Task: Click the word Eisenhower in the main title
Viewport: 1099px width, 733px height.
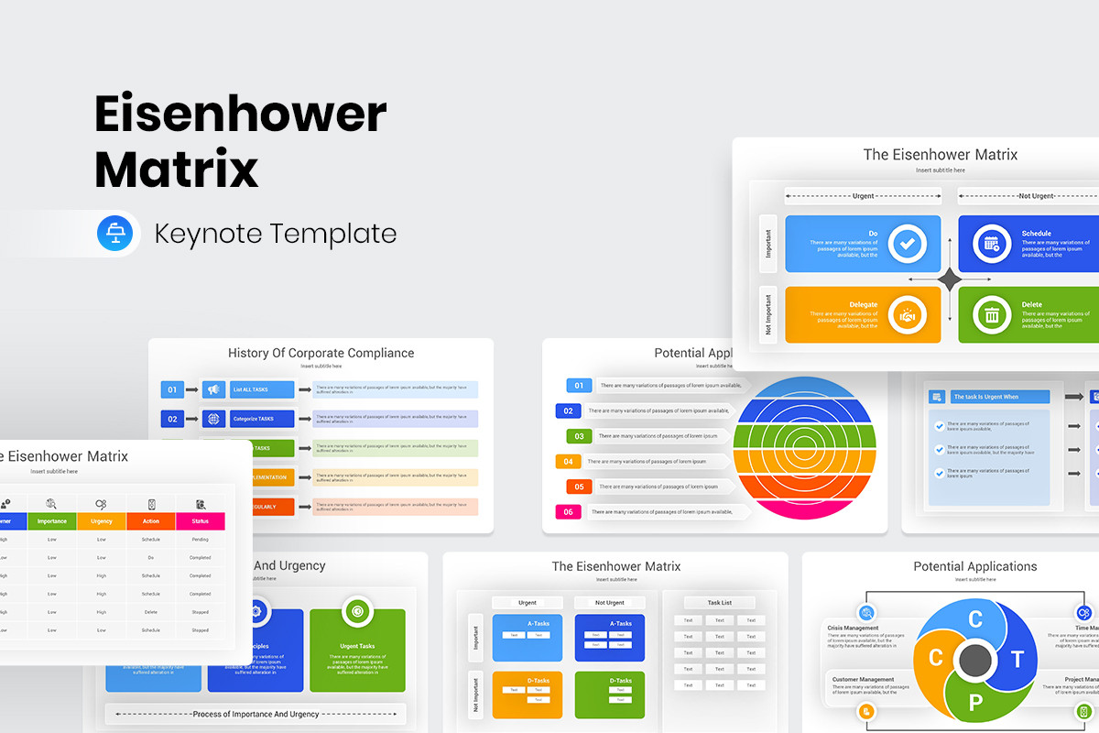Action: (x=240, y=115)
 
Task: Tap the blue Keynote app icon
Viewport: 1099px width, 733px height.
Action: (x=115, y=234)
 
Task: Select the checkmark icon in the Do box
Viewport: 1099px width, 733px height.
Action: (x=908, y=244)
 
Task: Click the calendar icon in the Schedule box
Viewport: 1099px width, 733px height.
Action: (x=991, y=244)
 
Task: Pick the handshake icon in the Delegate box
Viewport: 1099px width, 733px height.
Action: (x=908, y=315)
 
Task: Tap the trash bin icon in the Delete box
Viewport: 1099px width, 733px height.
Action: (x=991, y=316)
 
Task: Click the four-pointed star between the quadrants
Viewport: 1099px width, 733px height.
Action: (x=950, y=280)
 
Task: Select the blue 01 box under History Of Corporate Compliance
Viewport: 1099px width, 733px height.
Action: (x=172, y=389)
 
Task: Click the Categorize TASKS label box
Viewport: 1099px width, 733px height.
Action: (x=261, y=419)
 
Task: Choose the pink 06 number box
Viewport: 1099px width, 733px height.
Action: (x=568, y=512)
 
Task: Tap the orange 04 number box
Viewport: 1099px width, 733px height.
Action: (x=568, y=462)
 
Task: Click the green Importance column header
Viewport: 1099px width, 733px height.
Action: (x=52, y=521)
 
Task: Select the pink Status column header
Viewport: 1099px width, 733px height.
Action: (x=201, y=521)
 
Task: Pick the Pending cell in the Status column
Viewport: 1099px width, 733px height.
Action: (x=201, y=540)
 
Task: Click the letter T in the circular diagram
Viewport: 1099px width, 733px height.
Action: (x=1017, y=660)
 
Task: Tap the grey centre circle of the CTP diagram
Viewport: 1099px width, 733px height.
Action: (x=974, y=659)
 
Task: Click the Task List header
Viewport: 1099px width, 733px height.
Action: (x=719, y=602)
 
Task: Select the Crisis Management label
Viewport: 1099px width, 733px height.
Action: (x=853, y=629)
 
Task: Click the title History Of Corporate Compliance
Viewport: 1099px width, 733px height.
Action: (x=321, y=353)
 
